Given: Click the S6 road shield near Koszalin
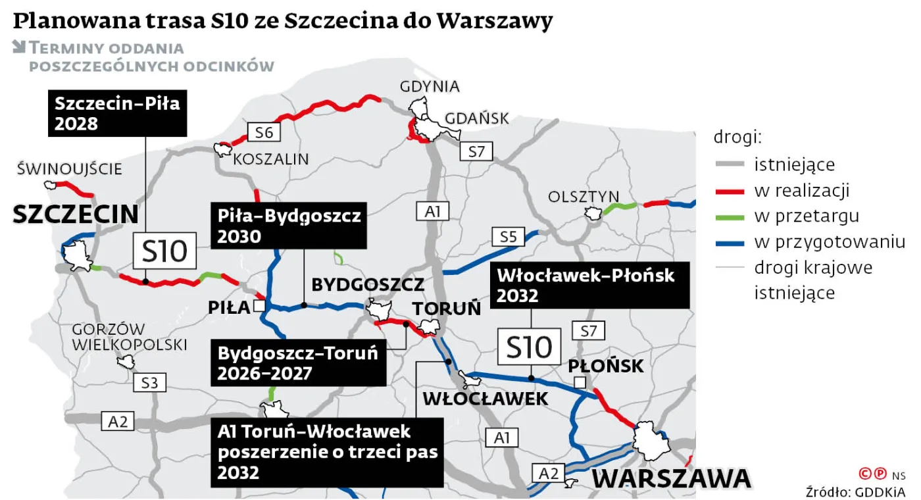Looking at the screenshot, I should coord(264,132).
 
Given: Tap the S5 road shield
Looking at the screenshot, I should coord(509,236).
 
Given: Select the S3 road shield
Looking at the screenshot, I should coord(149,382).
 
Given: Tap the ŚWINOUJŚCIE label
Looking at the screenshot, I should coord(70,169).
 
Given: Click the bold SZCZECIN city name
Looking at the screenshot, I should coord(76,214).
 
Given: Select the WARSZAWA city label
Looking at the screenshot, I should coord(671,479).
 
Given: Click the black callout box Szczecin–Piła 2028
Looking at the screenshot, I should coord(118,113).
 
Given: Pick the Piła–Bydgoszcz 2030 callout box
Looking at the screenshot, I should coord(288,226).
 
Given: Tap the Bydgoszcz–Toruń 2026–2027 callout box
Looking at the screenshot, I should coord(298,362).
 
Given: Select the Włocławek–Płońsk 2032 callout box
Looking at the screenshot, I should coord(589,285).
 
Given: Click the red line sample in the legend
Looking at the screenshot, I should coord(730,191).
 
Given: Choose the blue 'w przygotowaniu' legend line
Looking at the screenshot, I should coord(730,242).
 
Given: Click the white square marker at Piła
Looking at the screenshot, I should coord(259,306).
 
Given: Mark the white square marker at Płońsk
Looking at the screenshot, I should coord(579,383).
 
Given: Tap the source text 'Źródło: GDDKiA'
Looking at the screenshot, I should coord(855,491).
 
